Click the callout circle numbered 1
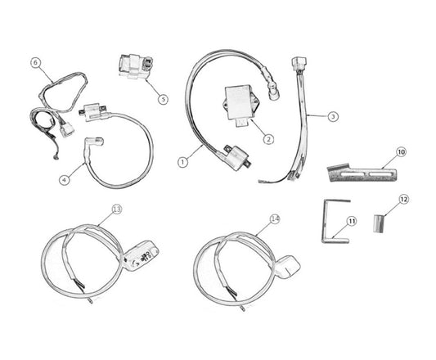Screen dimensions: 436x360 [x=182, y=163]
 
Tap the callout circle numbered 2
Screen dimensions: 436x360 [x=268, y=139]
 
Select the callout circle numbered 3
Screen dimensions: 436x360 [x=333, y=116]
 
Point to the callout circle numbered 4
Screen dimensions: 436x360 [x=65, y=180]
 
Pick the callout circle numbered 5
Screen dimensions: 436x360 [x=164, y=99]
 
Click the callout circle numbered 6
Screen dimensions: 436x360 [x=35, y=63]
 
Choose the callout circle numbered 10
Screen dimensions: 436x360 [x=401, y=152]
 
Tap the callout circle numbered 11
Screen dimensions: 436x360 [x=352, y=222]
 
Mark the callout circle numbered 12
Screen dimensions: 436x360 [x=404, y=200]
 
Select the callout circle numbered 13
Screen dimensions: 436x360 [x=117, y=209]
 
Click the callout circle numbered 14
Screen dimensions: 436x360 [x=275, y=219]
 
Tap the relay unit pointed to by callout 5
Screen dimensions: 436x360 [x=136, y=66]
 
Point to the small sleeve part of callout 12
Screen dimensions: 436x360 [x=378, y=223]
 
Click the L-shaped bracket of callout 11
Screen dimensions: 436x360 [x=326, y=223]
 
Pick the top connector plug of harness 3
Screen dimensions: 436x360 [x=299, y=64]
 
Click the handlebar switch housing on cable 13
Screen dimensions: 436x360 [x=141, y=255]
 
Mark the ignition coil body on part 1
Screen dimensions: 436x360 [x=238, y=157]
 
